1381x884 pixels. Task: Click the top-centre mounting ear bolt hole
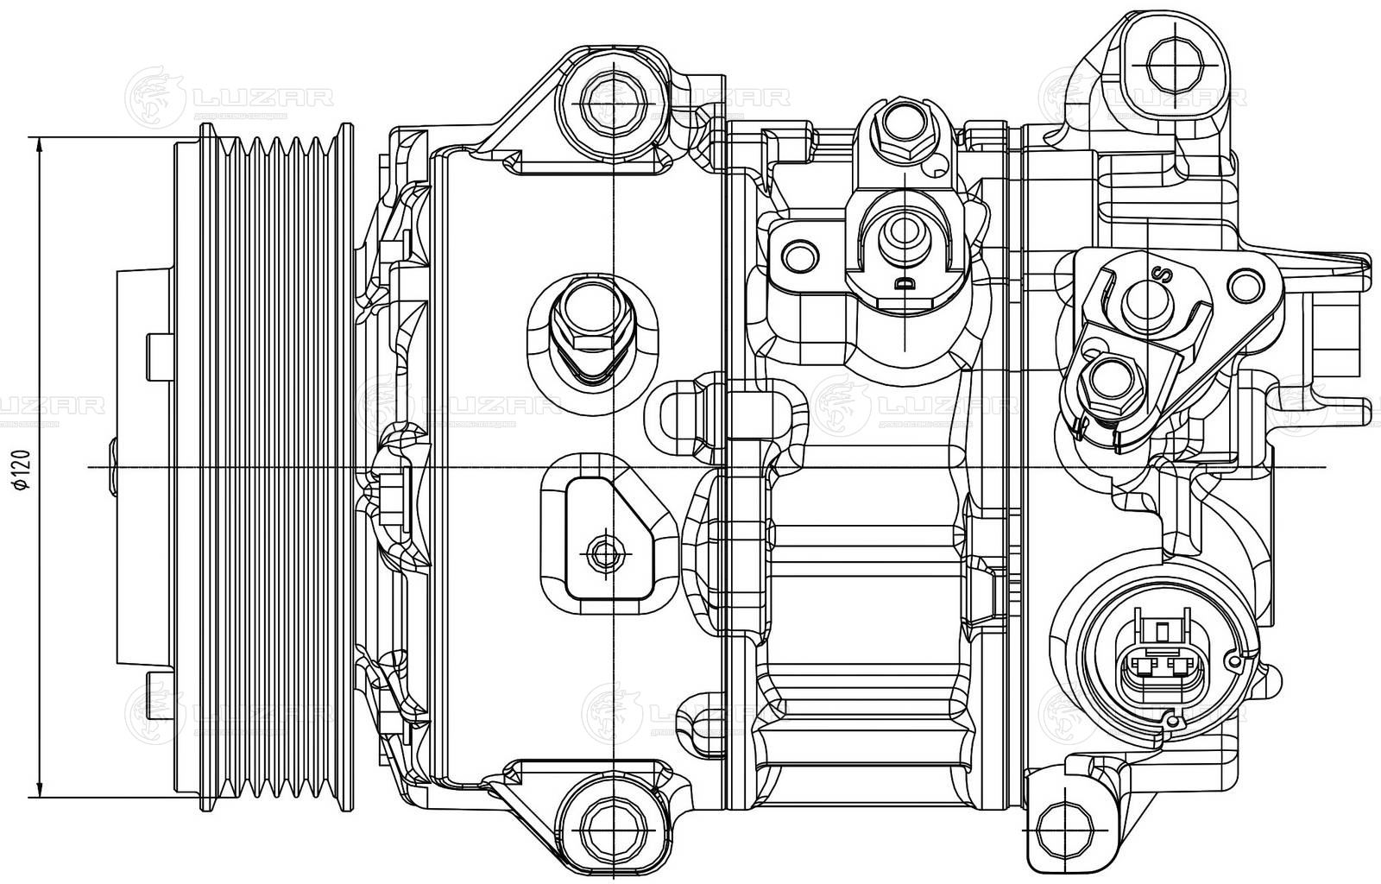(x=612, y=103)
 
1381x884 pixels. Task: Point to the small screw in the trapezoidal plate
(x=601, y=549)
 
